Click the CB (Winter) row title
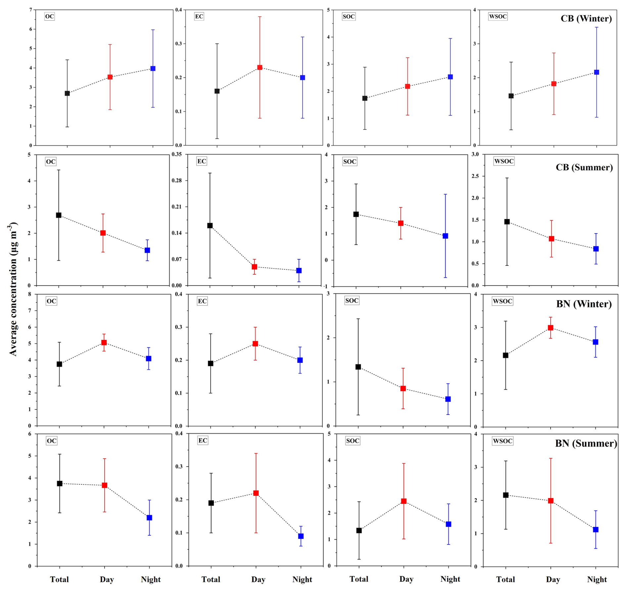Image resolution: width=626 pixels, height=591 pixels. (x=586, y=19)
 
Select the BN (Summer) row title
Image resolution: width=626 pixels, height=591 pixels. (x=586, y=443)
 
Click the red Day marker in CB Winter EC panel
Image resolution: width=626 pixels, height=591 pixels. (x=260, y=68)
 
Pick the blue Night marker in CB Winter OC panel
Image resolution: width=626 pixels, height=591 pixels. (x=153, y=69)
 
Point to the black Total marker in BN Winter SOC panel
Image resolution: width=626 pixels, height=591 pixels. (x=358, y=367)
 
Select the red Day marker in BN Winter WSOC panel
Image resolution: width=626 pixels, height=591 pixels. (x=551, y=328)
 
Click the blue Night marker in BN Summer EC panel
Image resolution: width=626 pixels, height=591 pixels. (x=301, y=536)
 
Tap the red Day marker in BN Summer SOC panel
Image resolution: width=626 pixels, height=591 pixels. (x=404, y=501)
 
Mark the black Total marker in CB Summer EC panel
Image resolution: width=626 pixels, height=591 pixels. (x=210, y=225)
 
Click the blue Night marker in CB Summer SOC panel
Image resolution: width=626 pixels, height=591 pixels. (x=445, y=236)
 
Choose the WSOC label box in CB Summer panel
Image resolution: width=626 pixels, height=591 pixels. (x=504, y=161)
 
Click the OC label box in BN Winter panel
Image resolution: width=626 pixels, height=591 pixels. (x=51, y=301)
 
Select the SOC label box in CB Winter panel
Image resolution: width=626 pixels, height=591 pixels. (x=348, y=17)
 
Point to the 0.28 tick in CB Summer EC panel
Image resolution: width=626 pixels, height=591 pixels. (x=177, y=180)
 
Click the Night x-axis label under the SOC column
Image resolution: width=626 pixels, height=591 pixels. (x=450, y=579)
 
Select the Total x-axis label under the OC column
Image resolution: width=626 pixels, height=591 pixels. (x=60, y=579)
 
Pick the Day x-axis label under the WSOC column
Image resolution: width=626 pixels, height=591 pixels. (x=553, y=579)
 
